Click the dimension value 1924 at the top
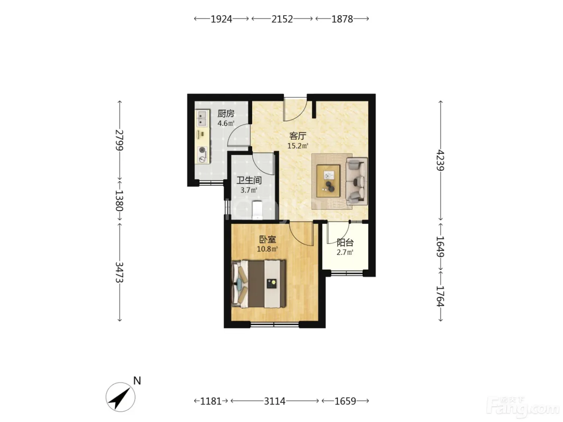(221, 19)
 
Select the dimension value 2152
(282, 19)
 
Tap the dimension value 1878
(342, 19)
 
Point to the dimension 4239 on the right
(440, 160)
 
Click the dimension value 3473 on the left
(119, 272)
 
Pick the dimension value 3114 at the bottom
(275, 401)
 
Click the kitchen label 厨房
(226, 113)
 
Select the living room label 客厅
(298, 136)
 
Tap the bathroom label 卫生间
(249, 180)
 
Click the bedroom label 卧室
(267, 240)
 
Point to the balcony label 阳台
(345, 242)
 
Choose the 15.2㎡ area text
(298, 146)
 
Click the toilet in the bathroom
(257, 210)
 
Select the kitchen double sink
(202, 119)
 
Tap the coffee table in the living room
(329, 181)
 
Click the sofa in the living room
(357, 181)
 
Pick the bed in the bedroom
(259, 284)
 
